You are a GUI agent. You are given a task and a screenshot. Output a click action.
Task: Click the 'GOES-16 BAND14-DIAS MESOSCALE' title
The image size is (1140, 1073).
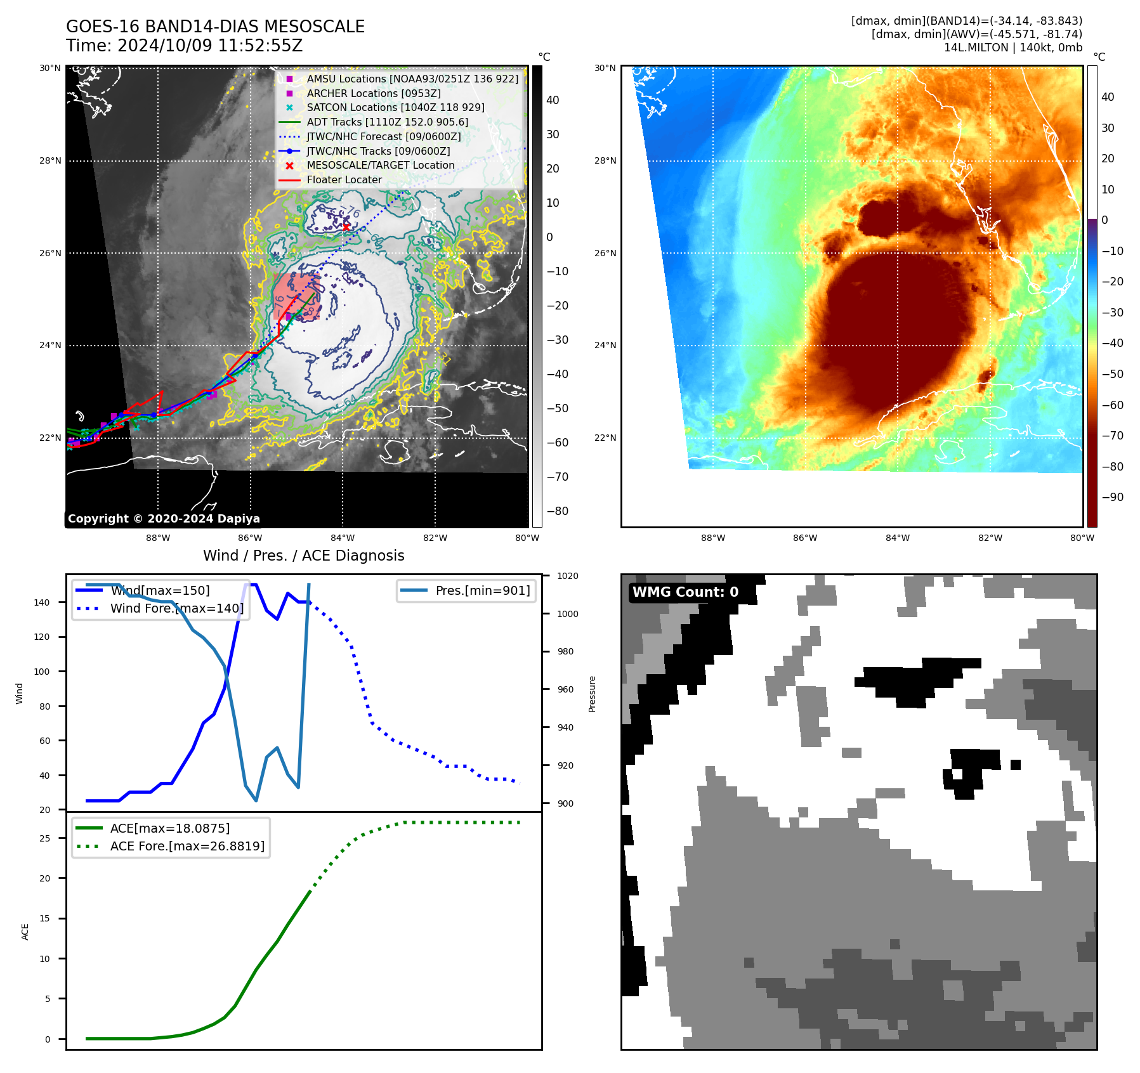[215, 27]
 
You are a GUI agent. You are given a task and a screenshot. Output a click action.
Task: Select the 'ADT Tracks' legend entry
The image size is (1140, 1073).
[387, 122]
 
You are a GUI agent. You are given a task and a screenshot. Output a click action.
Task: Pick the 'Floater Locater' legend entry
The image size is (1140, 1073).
[344, 179]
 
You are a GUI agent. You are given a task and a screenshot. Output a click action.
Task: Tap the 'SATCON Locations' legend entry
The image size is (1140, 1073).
[395, 107]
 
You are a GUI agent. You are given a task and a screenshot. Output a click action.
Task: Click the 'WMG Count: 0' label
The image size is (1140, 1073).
[685, 592]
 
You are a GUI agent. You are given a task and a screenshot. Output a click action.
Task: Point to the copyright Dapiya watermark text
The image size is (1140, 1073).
[164, 518]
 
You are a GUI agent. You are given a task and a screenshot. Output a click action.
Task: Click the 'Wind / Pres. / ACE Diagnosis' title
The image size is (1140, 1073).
[303, 556]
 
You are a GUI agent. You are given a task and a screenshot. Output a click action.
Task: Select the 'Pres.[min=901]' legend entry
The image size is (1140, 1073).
[482, 590]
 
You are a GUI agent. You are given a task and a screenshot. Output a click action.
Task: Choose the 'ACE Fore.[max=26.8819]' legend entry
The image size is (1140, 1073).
[187, 846]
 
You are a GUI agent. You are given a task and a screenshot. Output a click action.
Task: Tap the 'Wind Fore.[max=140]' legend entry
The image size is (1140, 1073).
[176, 608]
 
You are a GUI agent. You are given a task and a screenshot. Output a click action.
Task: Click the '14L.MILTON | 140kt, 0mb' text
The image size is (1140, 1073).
[1012, 48]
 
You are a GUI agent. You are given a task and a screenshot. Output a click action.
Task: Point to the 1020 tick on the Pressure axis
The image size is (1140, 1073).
[567, 576]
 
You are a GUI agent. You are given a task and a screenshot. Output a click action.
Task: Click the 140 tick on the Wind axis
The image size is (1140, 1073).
[42, 602]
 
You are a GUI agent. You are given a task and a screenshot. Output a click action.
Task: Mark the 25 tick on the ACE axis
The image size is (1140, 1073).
[44, 838]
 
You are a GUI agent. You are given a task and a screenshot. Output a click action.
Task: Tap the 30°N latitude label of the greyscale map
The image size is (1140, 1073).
[50, 68]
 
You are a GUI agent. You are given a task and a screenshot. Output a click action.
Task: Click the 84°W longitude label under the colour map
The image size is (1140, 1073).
[897, 538]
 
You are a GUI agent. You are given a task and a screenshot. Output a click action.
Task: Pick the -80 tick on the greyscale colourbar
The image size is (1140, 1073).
[558, 511]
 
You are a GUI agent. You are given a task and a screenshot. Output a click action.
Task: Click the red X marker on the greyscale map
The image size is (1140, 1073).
[346, 226]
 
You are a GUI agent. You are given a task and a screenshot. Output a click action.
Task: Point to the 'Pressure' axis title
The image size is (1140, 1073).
[592, 694]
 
